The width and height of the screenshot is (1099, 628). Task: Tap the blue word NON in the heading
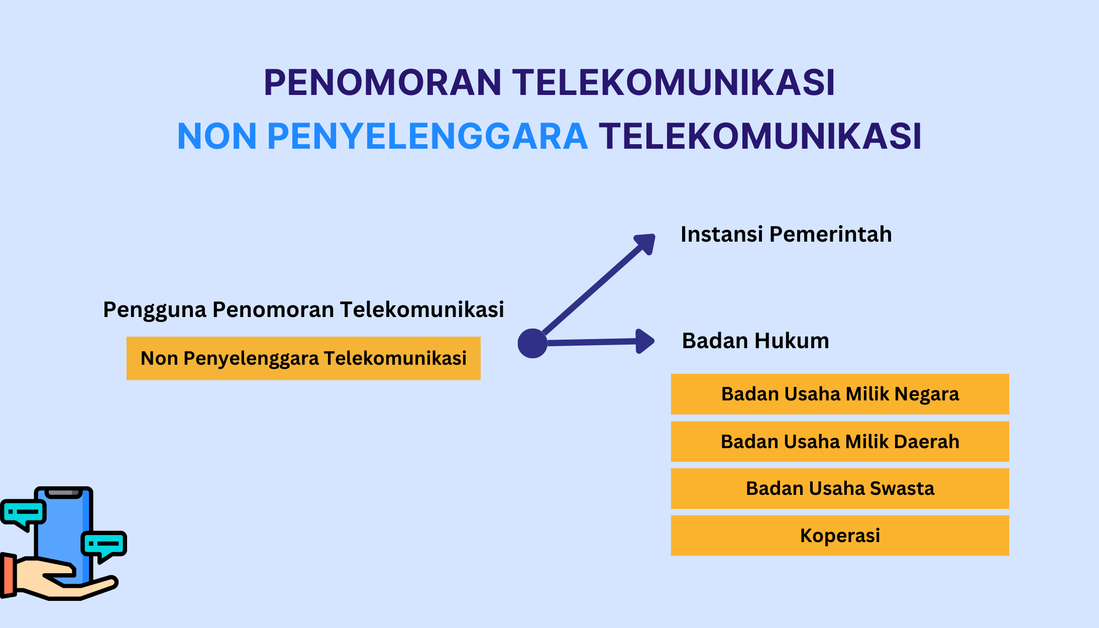coord(217,136)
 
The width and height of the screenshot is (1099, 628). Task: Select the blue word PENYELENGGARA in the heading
coord(427,136)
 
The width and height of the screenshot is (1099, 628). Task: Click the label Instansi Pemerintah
coord(786,235)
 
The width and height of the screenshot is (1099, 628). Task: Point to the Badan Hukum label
coord(755,341)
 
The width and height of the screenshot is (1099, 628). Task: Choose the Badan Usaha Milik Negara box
coord(840,394)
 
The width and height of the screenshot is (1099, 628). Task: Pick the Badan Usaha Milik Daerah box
coord(840,442)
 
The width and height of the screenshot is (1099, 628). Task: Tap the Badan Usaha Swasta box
coord(840,488)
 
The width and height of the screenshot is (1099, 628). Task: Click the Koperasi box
coord(840,536)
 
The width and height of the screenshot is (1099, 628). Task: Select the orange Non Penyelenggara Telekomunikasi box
coord(303,358)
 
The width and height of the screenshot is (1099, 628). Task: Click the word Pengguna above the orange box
coord(155,310)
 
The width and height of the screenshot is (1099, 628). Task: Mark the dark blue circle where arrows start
coord(532,343)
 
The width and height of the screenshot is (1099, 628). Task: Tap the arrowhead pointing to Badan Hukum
coord(645,341)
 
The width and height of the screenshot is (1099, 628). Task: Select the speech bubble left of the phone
coord(23,514)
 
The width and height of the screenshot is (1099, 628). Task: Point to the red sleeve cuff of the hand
coord(8,575)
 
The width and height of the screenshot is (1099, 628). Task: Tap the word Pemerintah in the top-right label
coord(831,235)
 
